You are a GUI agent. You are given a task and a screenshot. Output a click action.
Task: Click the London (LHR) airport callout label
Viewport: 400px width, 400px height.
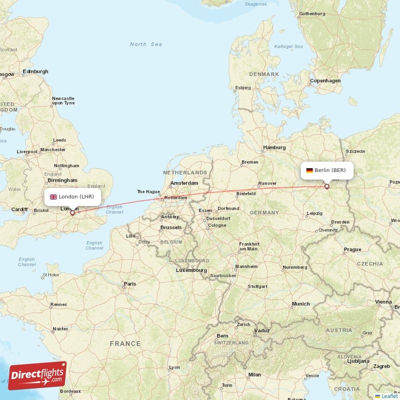coord(72,196)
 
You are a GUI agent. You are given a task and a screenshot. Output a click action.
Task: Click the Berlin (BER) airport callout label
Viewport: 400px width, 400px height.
coord(327,170)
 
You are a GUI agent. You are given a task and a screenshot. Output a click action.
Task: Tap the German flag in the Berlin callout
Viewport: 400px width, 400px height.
coord(310,170)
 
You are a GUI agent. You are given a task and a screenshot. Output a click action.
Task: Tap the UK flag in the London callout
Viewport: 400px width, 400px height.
coord(53,196)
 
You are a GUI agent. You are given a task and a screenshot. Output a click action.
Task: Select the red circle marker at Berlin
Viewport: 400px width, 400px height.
coord(327,186)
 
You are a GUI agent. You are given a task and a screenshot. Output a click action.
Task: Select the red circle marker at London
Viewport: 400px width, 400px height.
coord(72,212)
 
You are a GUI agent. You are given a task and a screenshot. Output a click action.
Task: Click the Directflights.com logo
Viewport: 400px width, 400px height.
coord(37,375)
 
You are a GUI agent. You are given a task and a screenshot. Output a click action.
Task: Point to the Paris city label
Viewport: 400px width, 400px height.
coord(130,284)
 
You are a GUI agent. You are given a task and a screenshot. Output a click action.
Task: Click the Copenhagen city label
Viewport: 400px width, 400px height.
coord(325,80)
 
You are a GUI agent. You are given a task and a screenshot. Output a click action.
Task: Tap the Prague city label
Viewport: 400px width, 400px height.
coord(352,249)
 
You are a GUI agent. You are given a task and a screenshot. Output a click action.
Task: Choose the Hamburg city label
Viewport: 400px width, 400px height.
coord(274,147)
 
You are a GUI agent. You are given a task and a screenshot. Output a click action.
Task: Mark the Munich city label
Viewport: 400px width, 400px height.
coord(301,304)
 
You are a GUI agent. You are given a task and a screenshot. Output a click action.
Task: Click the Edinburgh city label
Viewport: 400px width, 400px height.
coord(35,71)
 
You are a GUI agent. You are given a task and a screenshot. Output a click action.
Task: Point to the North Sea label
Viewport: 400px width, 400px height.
coord(146,44)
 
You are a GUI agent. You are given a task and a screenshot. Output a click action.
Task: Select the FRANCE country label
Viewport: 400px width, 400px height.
coord(125,343)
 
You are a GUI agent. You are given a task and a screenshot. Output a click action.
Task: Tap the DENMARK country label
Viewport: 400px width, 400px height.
coord(264,74)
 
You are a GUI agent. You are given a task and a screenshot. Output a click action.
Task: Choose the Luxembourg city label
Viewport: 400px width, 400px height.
coord(191,270)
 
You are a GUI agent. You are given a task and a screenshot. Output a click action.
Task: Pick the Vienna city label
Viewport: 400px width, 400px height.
coord(383,302)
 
